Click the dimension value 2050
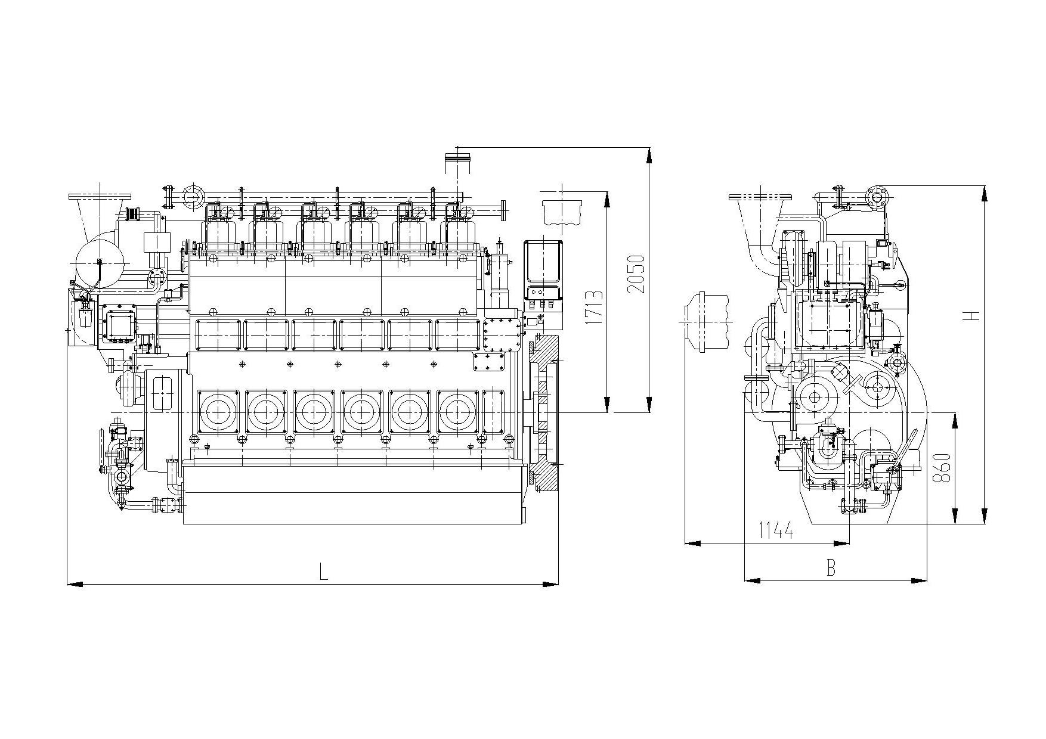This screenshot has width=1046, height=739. [636, 274]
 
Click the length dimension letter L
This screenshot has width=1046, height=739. [323, 572]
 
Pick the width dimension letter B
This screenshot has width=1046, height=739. [831, 568]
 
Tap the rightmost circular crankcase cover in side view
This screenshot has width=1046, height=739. [457, 411]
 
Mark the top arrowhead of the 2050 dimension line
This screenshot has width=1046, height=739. [649, 154]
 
